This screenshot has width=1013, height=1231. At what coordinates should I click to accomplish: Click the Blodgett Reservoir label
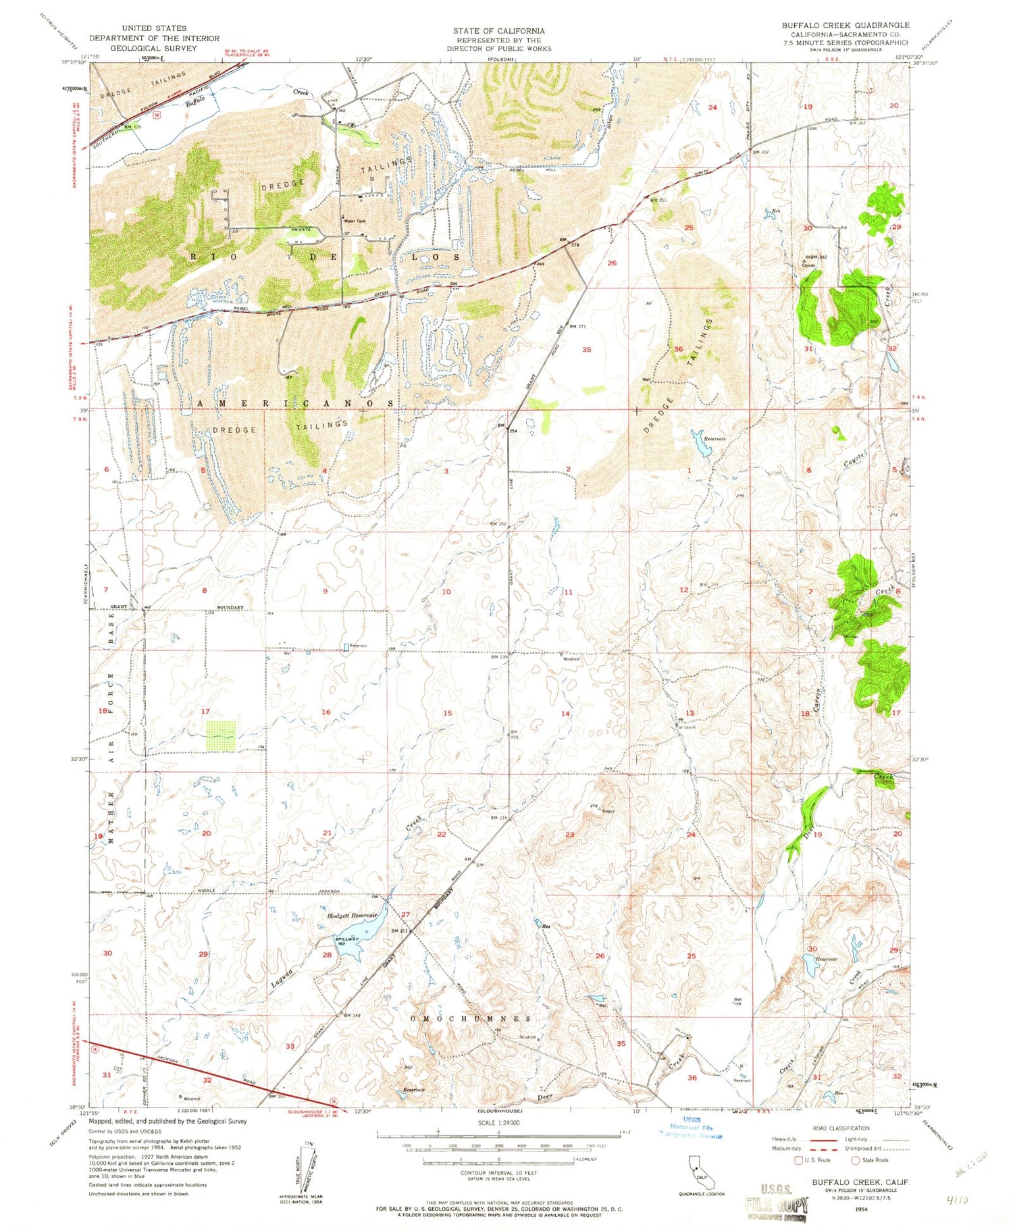351,915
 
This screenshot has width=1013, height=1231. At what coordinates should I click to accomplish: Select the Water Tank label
357,221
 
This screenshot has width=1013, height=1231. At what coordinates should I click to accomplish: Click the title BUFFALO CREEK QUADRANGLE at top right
846,25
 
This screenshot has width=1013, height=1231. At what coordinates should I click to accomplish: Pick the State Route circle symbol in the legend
855,1160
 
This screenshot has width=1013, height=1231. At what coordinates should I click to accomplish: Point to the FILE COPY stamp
777,1205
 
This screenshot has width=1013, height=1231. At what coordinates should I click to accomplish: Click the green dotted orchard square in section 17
221,736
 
